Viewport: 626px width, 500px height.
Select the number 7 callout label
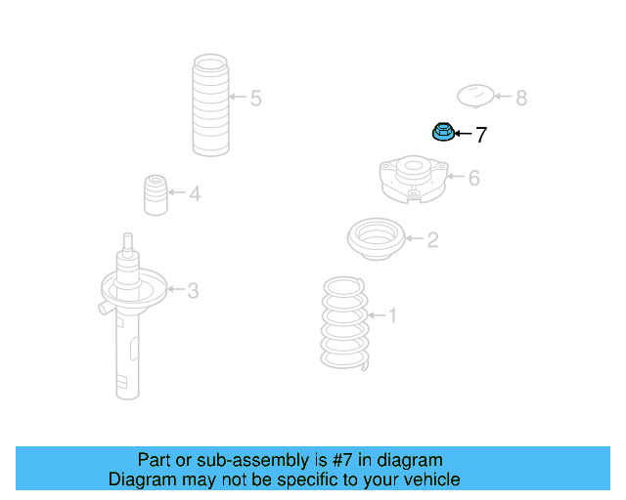pos(480,136)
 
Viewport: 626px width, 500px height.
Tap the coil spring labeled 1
pos(344,322)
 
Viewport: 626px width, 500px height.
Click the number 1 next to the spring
pos(393,315)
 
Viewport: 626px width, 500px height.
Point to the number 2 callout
pos(432,239)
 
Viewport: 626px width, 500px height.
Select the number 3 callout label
pos(193,290)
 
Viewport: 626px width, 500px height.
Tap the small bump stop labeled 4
pos(154,195)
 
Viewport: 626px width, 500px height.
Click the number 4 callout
pos(195,194)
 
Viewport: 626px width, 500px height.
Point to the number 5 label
pos(255,98)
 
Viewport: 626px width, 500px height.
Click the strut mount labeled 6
pos(414,179)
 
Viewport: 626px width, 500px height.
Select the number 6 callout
pos(473,179)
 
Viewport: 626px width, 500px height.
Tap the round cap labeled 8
pos(475,97)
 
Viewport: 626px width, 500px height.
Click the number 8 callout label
pos(520,98)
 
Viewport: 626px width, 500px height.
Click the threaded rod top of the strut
pos(126,242)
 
